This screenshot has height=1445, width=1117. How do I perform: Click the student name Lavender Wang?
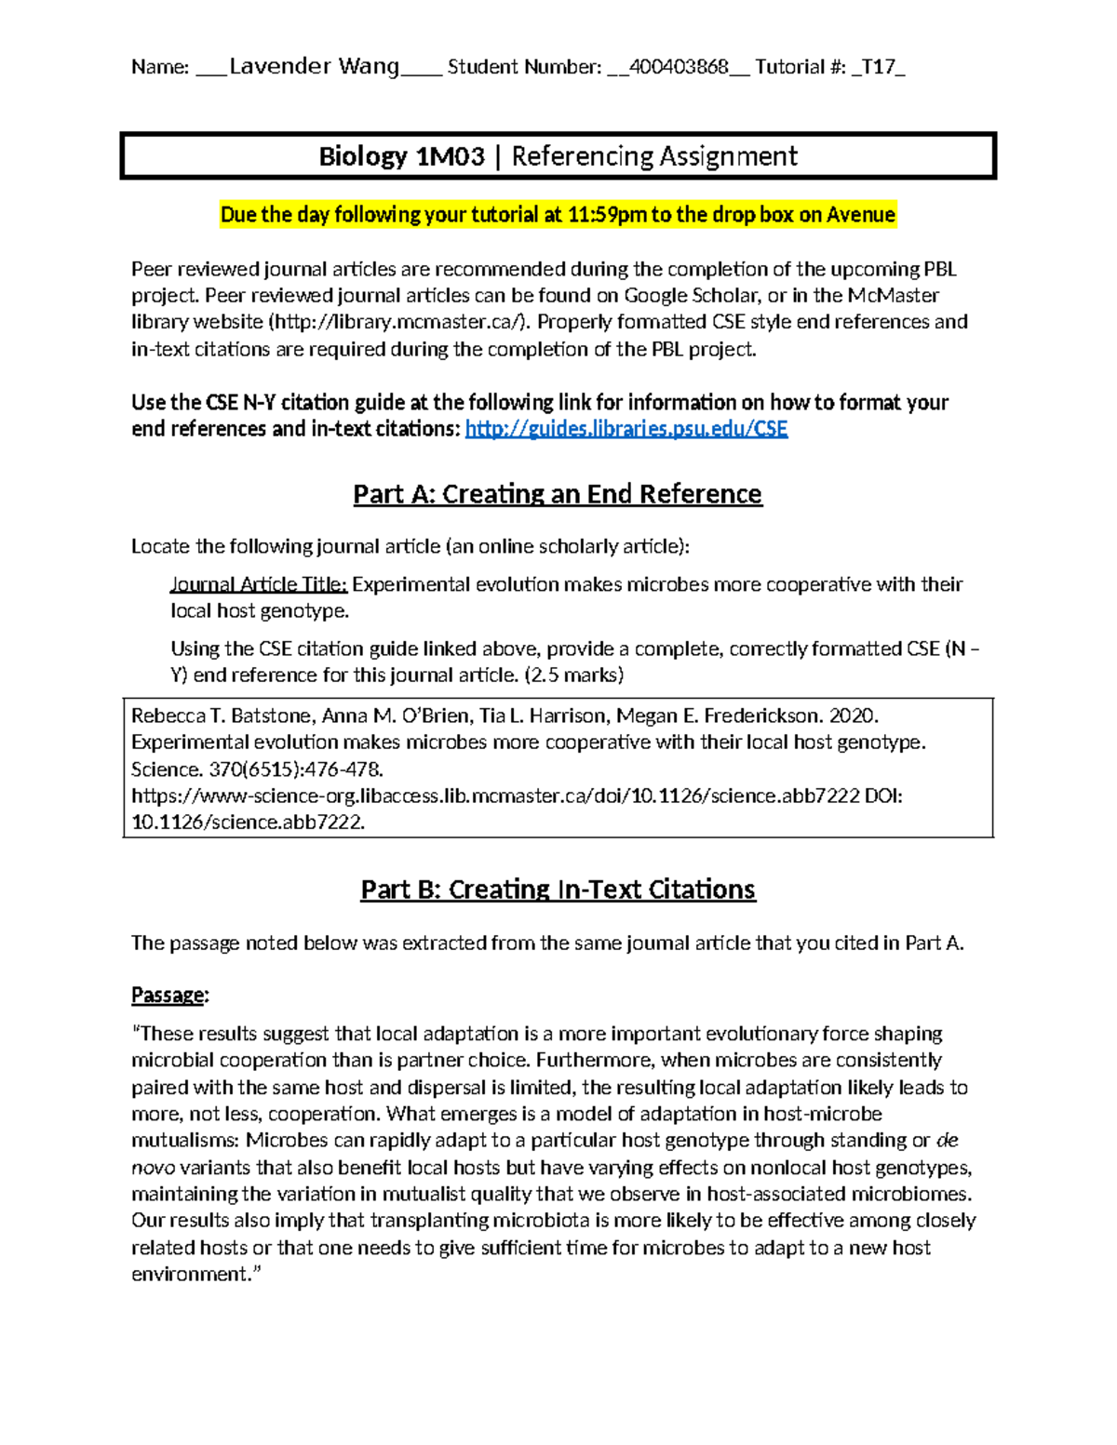coord(314,66)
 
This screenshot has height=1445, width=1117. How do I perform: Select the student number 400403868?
coord(679,66)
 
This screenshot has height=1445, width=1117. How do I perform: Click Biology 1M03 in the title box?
coord(401,155)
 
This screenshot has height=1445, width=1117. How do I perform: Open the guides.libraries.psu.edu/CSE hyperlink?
coord(626,429)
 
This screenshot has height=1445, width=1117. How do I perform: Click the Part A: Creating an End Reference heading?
coord(558,493)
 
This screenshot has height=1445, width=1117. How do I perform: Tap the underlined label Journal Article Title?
coord(258,584)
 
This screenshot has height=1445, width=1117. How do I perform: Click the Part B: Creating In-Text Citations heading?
coord(558,890)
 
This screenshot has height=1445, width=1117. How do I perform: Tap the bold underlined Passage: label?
coord(169,996)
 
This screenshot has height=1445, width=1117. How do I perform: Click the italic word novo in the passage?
coord(153,1168)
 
